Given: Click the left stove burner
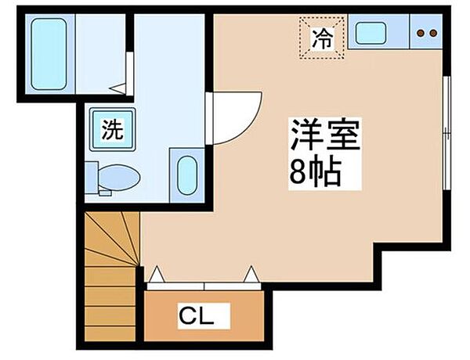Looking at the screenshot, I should (x=420, y=33).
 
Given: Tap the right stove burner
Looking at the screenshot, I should (x=432, y=33).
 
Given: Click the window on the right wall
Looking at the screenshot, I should (x=446, y=133).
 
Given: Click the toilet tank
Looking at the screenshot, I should (x=92, y=176).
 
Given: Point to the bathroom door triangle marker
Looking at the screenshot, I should (x=116, y=88).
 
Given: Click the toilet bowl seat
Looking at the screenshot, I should (x=121, y=176).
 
